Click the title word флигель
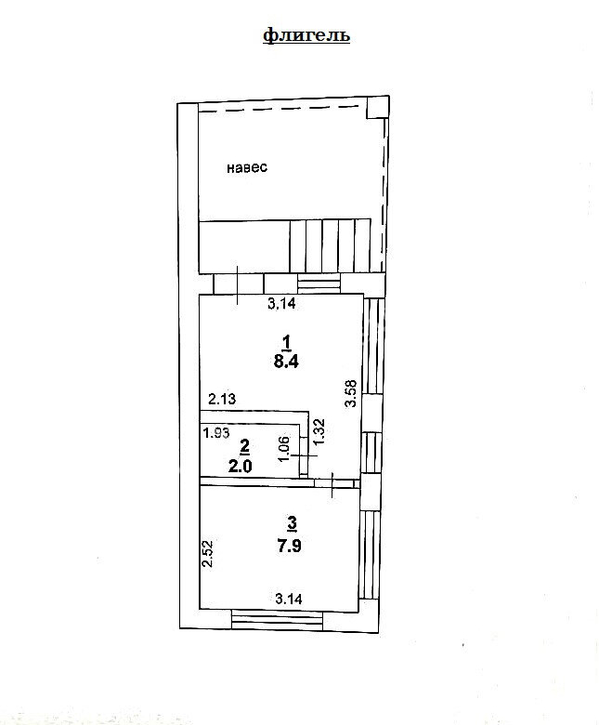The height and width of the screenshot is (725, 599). click(x=306, y=35)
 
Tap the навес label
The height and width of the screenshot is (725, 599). click(x=247, y=167)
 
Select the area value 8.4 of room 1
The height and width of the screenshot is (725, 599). click(x=286, y=362)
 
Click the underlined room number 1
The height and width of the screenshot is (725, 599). click(x=286, y=343)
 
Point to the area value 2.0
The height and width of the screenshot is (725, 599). click(x=241, y=466)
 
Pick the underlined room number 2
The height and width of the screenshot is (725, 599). click(x=244, y=447)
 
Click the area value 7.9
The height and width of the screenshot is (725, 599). click(x=289, y=545)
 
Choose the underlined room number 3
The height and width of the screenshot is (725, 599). click(x=292, y=525)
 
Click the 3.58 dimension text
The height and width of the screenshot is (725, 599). click(x=351, y=393)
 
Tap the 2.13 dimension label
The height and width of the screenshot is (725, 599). click(x=222, y=399)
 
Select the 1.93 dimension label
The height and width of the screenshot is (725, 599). click(x=216, y=433)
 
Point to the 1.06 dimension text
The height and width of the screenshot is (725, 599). click(x=284, y=449)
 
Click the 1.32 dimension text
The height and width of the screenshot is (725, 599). click(x=319, y=432)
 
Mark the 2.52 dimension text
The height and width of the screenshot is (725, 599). click(x=208, y=554)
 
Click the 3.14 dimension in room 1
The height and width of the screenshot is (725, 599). click(x=281, y=304)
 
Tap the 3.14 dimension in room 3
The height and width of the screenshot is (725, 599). click(x=289, y=599)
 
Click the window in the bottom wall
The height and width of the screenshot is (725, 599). click(x=277, y=619)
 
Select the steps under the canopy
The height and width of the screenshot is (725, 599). click(x=331, y=245)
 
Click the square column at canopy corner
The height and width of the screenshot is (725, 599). click(x=377, y=107)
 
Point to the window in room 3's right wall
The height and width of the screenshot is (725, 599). click(x=369, y=554)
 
